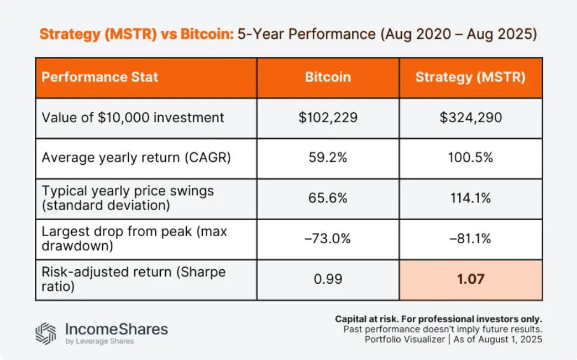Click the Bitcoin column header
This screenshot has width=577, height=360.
[328, 77]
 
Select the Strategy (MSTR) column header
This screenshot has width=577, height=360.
[470, 77]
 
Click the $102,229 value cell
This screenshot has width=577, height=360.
[328, 118]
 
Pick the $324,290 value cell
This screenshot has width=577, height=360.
[470, 118]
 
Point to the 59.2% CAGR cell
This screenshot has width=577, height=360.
[328, 158]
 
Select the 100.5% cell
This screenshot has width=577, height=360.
[470, 158]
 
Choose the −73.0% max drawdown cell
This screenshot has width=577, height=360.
[328, 239]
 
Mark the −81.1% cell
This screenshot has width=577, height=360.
[470, 239]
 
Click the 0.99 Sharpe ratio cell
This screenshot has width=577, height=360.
[328, 279]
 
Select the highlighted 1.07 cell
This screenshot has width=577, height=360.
[470, 279]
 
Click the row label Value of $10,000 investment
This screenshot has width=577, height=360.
[133, 118]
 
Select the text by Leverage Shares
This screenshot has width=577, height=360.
[99, 341]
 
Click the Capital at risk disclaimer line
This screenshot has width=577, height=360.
[438, 319]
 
